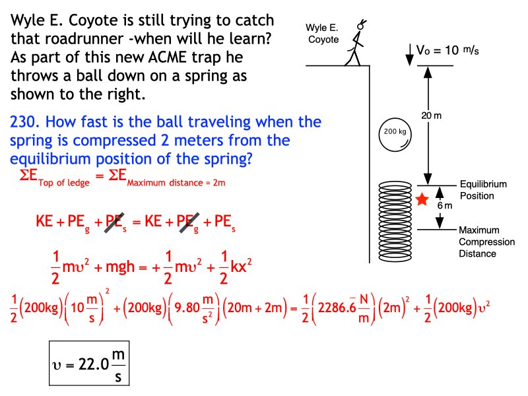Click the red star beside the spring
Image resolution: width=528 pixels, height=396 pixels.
[x=422, y=199]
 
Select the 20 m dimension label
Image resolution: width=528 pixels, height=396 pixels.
[x=432, y=116]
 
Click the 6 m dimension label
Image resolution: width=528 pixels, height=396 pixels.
[x=447, y=205]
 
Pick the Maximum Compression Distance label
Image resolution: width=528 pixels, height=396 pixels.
[x=486, y=242]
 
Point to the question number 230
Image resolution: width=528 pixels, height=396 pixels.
[x=24, y=123]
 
